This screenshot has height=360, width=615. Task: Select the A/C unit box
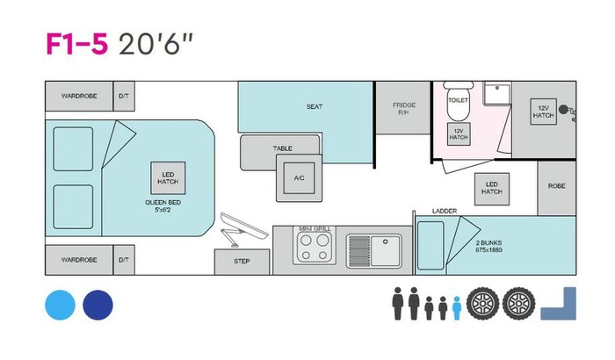coord(299,176)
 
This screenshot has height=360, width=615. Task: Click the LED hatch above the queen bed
coord(168,176)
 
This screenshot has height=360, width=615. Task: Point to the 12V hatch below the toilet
coord(459,133)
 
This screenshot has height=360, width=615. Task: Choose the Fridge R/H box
coord(403,108)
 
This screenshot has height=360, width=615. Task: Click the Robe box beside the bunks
coord(557,186)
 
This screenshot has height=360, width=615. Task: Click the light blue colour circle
coord(59,305)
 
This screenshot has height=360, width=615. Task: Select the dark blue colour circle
coord(98,305)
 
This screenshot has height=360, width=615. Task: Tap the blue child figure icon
coord(457,308)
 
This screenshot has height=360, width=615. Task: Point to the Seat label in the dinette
coord(315,107)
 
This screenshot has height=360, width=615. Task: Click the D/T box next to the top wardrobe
coord(124,94)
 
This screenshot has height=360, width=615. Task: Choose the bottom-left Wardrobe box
coord(78,260)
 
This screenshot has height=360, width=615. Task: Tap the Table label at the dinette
coord(282,148)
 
